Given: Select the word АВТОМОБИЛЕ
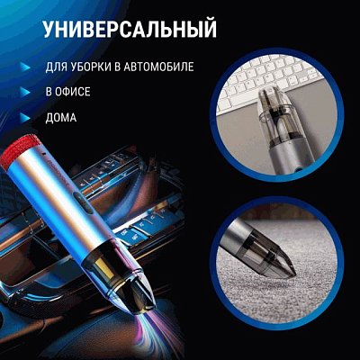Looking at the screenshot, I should click(x=159, y=67).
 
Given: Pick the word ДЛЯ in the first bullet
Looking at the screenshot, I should click(x=57, y=67).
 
